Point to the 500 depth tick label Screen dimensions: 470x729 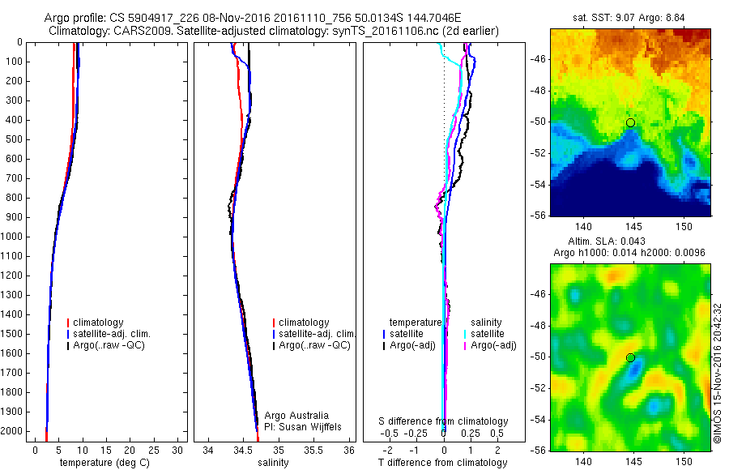point(14,139)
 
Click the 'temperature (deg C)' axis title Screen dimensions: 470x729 point(101,463)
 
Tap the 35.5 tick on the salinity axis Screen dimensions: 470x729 point(314,449)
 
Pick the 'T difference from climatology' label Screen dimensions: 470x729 point(442,463)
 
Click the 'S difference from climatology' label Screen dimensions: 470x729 point(443,421)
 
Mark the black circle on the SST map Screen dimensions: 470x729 point(630,122)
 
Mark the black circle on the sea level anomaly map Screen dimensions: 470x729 point(630,357)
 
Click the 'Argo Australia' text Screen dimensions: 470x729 point(296,416)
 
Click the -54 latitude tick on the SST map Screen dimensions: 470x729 point(538,185)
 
